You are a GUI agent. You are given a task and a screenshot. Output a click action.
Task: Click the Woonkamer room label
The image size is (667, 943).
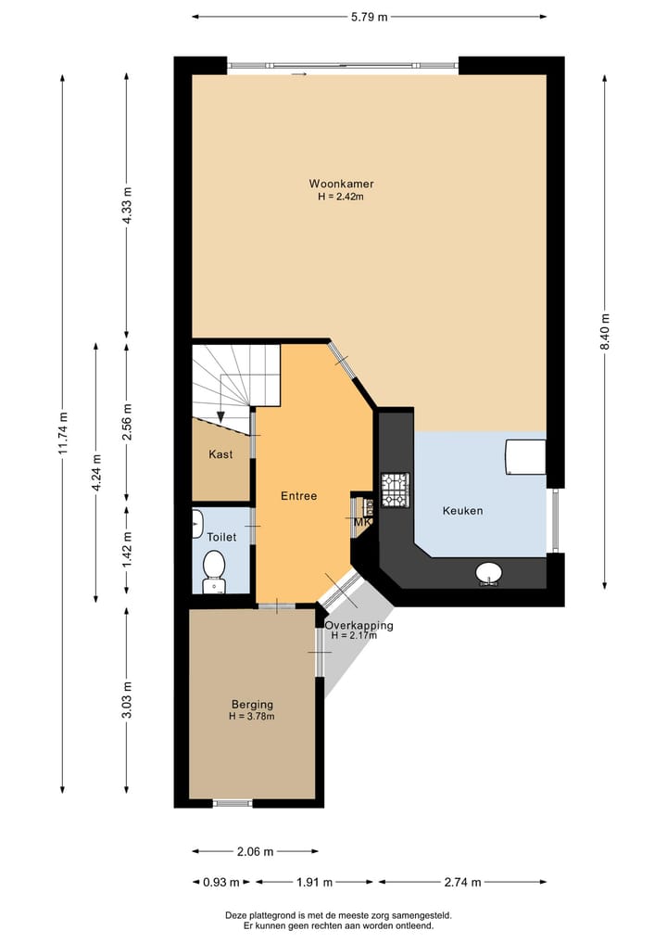(x=341, y=184)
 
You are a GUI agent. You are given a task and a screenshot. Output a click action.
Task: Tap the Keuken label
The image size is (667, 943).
(x=462, y=511)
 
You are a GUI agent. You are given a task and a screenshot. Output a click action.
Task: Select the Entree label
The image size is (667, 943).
(x=298, y=495)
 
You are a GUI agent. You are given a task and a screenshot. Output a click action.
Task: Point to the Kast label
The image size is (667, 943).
(x=220, y=454)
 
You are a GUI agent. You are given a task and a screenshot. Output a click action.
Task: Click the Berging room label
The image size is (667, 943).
(x=252, y=705)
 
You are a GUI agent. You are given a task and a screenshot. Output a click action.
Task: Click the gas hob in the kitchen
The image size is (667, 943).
(x=396, y=490)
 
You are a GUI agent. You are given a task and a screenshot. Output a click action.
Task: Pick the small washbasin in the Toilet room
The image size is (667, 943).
(x=196, y=524)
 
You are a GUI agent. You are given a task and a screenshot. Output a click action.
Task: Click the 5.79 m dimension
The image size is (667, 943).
(x=369, y=17)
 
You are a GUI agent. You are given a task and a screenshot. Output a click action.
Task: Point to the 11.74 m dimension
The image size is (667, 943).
(x=62, y=434)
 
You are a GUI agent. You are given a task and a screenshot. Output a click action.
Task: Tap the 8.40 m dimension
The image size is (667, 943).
(x=605, y=331)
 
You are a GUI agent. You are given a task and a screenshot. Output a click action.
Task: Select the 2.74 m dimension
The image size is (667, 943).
(x=462, y=882)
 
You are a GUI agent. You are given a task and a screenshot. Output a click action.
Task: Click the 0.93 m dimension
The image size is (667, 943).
(x=221, y=882)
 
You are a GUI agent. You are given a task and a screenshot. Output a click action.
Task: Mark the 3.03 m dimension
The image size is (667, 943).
(x=126, y=700)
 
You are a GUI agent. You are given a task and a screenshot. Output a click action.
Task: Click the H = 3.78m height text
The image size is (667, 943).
(x=252, y=716)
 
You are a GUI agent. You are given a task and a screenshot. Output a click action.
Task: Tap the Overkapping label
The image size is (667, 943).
(x=359, y=626)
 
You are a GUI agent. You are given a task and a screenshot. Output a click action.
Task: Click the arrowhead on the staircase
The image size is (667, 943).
(x=220, y=416)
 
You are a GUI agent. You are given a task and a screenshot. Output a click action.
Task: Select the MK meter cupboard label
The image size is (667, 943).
(x=362, y=522)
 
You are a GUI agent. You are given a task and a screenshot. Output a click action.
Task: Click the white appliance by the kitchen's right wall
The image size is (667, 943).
(x=526, y=457)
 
